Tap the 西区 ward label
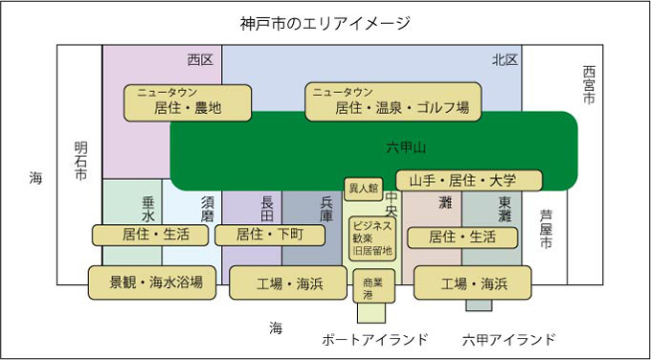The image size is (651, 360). pyautogui.click(x=200, y=59)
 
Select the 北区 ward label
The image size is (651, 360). pyautogui.click(x=505, y=59)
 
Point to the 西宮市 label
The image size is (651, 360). pyautogui.click(x=589, y=85)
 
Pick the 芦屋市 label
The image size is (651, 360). pyautogui.click(x=545, y=229)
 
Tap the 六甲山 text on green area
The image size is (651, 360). pyautogui.click(x=406, y=147)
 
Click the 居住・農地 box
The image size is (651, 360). pyautogui.click(x=187, y=101)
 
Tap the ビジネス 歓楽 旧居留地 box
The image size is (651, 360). pyautogui.click(x=372, y=238)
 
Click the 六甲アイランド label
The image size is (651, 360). pyautogui.click(x=508, y=339)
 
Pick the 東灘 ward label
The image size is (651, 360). pyautogui.click(x=505, y=210)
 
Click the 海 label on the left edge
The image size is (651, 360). pyautogui.click(x=35, y=178)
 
